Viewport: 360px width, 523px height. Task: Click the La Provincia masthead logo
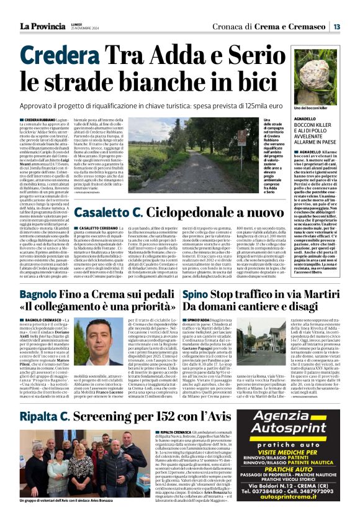tap(41, 26)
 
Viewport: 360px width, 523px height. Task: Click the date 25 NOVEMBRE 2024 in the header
tap(79, 29)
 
